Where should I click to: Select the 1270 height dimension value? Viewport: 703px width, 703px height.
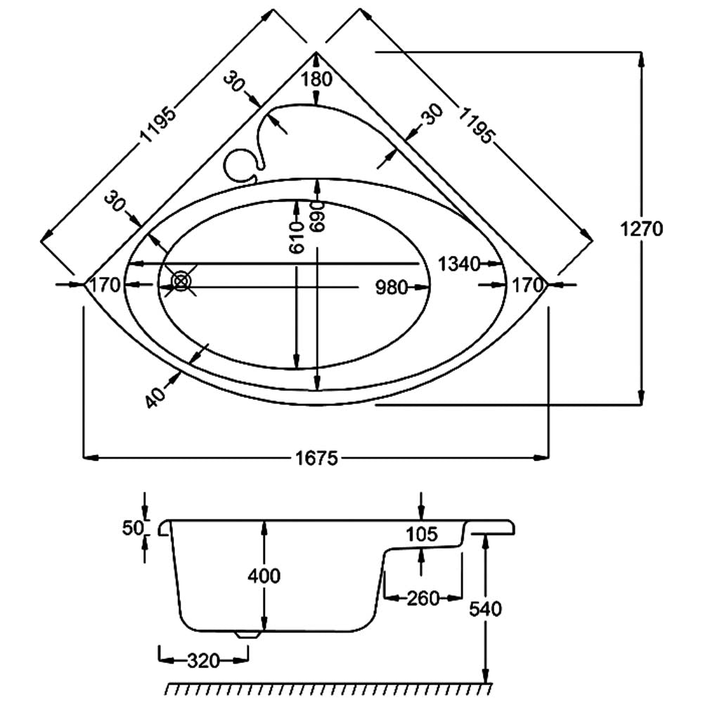click(643, 229)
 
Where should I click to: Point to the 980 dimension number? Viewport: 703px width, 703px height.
click(392, 288)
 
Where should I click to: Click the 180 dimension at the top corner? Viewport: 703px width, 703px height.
click(316, 79)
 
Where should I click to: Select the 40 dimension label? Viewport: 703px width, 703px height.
click(157, 396)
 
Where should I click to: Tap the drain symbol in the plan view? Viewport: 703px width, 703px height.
click(182, 282)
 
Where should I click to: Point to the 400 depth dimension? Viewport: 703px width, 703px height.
click(264, 576)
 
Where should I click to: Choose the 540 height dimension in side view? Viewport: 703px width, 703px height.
click(486, 608)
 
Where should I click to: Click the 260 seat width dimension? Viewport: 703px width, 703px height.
click(424, 598)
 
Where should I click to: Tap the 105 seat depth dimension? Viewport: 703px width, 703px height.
click(422, 534)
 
